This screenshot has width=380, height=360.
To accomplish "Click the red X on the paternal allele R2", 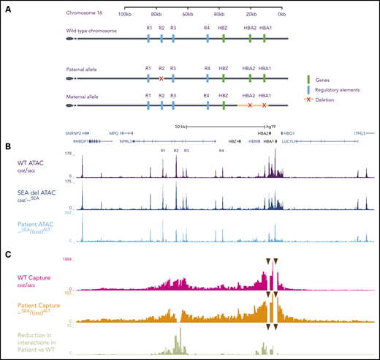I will coord(161,78).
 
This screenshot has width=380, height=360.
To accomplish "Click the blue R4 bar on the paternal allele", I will coord(208,78).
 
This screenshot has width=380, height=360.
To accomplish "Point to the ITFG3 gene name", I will coord(360,132).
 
